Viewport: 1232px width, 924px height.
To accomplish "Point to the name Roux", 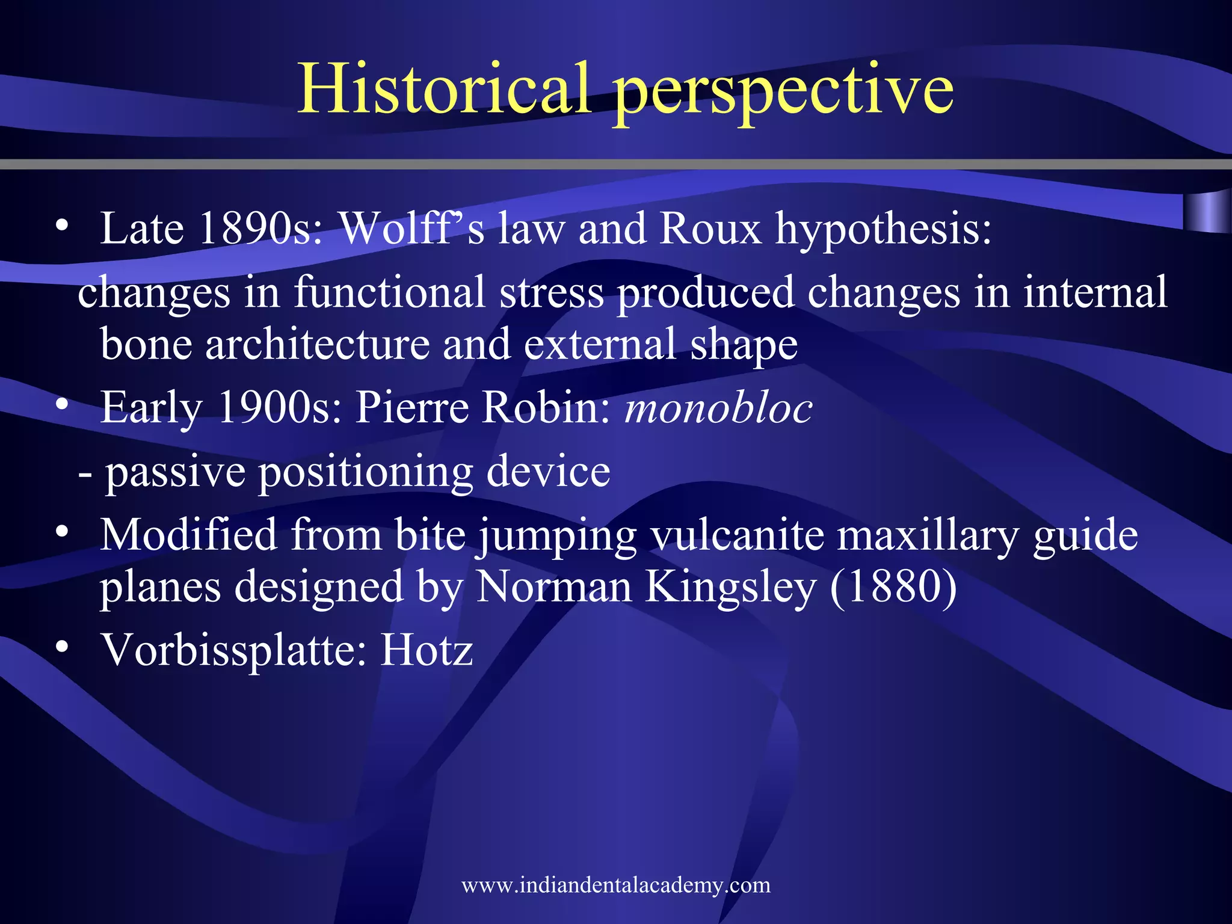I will coord(710,229).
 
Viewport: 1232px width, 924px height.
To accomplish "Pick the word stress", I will coord(552,292).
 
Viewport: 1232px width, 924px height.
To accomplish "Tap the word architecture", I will coord(317,345).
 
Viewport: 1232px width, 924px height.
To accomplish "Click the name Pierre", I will coord(412,408).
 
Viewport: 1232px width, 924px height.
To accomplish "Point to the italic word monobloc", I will coord(719,408).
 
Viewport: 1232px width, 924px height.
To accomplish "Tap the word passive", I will coord(176,472).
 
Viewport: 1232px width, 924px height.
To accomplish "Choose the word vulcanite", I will coord(738,535).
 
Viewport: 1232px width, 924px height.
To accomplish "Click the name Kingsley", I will coord(731,587).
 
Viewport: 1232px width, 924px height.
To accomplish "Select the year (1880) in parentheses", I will coord(893,587).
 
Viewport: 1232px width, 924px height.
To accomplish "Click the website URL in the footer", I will coord(616,885).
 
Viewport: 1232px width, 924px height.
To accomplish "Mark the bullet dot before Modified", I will coord(61,532).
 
